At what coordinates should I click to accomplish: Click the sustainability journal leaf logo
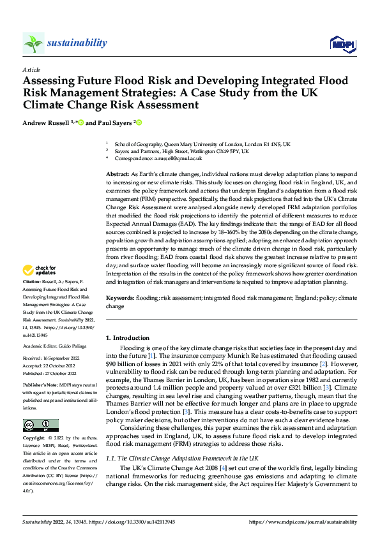[33, 43]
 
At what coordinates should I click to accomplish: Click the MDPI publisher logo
[342, 43]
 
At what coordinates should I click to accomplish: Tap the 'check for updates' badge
[40, 288]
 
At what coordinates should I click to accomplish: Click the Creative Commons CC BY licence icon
[40, 425]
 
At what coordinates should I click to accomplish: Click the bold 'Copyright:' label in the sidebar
[34, 439]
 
